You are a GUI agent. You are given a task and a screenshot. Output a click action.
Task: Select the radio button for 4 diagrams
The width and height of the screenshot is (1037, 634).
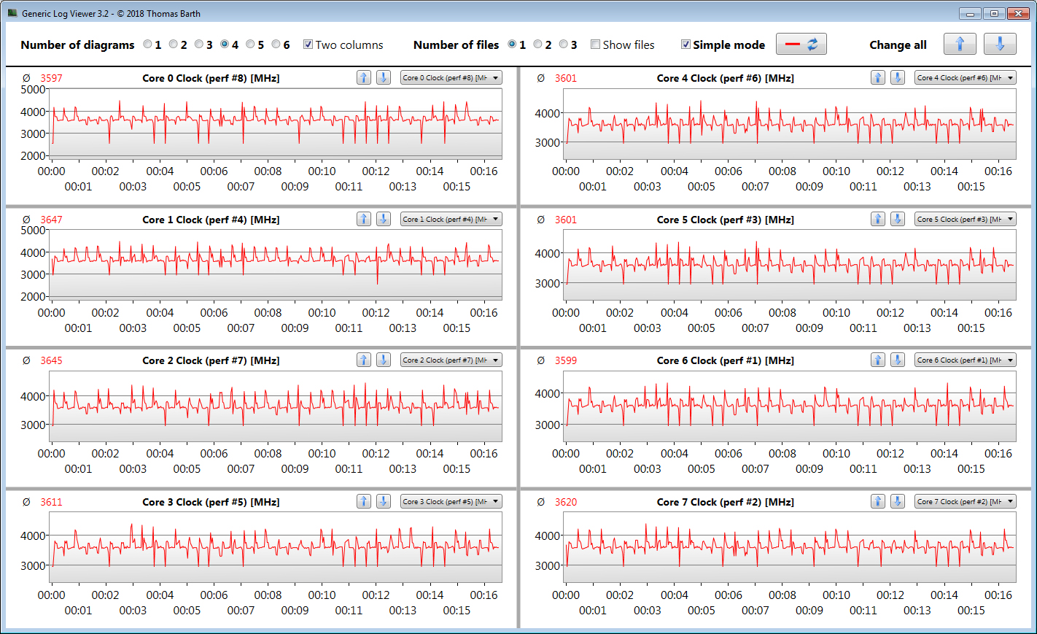click(225, 45)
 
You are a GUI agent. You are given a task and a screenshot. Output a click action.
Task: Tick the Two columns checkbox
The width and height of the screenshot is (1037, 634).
click(308, 45)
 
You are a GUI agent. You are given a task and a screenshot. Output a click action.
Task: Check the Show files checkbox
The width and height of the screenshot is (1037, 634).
click(596, 45)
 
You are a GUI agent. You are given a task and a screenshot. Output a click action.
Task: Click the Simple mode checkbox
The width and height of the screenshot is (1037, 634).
click(685, 45)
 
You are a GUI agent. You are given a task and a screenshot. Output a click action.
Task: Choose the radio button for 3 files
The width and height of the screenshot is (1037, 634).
click(563, 45)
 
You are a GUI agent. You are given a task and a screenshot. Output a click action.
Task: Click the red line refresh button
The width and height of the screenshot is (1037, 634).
click(801, 44)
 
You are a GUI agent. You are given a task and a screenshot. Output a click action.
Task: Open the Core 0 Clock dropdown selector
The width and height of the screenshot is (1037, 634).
click(451, 78)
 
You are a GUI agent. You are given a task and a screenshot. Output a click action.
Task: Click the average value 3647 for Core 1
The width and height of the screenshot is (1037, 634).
click(51, 220)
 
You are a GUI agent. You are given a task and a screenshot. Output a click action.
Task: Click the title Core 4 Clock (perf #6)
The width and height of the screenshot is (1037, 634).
click(725, 78)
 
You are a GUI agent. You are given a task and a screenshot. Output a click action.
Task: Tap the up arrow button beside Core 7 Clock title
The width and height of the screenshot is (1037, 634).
click(878, 501)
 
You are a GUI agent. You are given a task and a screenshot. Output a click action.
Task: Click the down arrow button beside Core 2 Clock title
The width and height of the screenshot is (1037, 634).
click(383, 360)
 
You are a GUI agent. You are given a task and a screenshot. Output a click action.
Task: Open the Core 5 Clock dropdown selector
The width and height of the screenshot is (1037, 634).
click(965, 219)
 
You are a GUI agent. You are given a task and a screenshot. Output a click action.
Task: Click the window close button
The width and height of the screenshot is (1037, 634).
click(1017, 13)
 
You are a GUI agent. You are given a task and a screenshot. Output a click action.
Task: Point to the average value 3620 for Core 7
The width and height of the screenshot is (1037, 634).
click(565, 502)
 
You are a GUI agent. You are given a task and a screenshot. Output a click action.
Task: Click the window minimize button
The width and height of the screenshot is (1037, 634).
click(970, 13)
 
